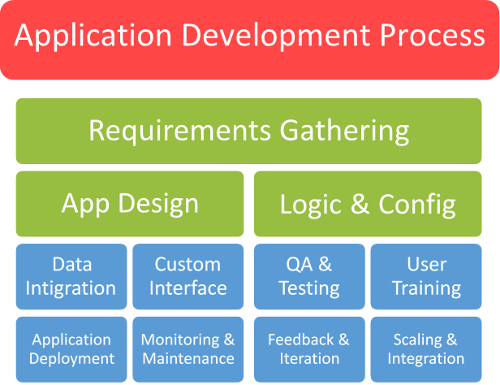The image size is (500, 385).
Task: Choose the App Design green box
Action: tap(130, 203)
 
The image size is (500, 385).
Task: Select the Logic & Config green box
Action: tap(368, 204)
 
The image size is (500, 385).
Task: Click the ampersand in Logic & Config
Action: tap(359, 205)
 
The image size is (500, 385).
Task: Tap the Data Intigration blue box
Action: tap(71, 276)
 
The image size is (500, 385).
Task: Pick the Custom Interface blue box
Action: tap(187, 276)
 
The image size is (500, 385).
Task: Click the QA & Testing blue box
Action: tap(308, 276)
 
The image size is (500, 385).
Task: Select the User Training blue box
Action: tap(426, 276)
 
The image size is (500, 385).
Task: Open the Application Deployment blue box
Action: tap(71, 349)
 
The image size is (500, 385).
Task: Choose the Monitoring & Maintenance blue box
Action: tap(187, 349)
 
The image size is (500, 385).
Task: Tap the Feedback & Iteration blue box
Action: tap(308, 349)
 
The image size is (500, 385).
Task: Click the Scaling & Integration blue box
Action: tap(426, 349)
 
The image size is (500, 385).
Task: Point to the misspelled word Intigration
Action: tap(71, 288)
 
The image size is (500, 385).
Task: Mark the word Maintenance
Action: tap(187, 358)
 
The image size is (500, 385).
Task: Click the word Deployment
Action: tap(71, 358)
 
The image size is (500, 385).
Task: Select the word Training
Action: tap(426, 288)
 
